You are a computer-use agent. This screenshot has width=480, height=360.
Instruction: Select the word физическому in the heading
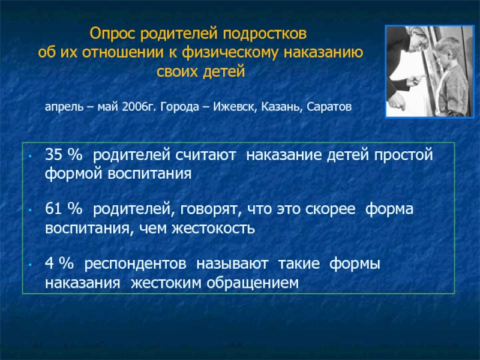coord(230,53)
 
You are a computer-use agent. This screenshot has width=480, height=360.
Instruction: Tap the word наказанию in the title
coord(323,52)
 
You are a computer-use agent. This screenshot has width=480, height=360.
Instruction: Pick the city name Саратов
coord(329,107)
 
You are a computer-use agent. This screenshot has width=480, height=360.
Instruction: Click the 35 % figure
coord(64,155)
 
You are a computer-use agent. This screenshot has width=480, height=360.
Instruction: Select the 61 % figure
coord(64,209)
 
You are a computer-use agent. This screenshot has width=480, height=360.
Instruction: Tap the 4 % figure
coord(59,264)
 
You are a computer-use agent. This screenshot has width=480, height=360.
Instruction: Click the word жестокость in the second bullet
coord(213,229)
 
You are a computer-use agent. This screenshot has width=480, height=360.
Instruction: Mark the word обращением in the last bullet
coord(253,283)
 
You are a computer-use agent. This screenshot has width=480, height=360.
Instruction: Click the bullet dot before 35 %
coord(30,156)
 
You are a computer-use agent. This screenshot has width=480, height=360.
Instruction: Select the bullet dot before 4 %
coord(30,265)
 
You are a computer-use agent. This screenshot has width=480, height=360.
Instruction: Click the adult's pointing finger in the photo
coord(419,77)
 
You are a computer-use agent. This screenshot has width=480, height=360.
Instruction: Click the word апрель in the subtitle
coord(64,107)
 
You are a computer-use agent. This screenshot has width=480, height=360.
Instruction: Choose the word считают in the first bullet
coord(205,155)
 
